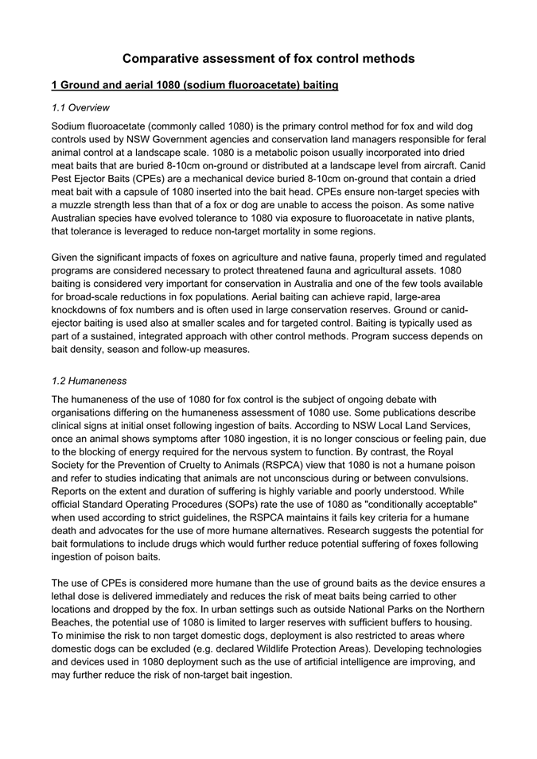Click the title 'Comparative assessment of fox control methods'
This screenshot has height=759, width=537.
[268, 59]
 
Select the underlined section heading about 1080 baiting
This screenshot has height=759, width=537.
[195, 85]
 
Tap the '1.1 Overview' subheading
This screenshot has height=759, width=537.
[80, 107]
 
